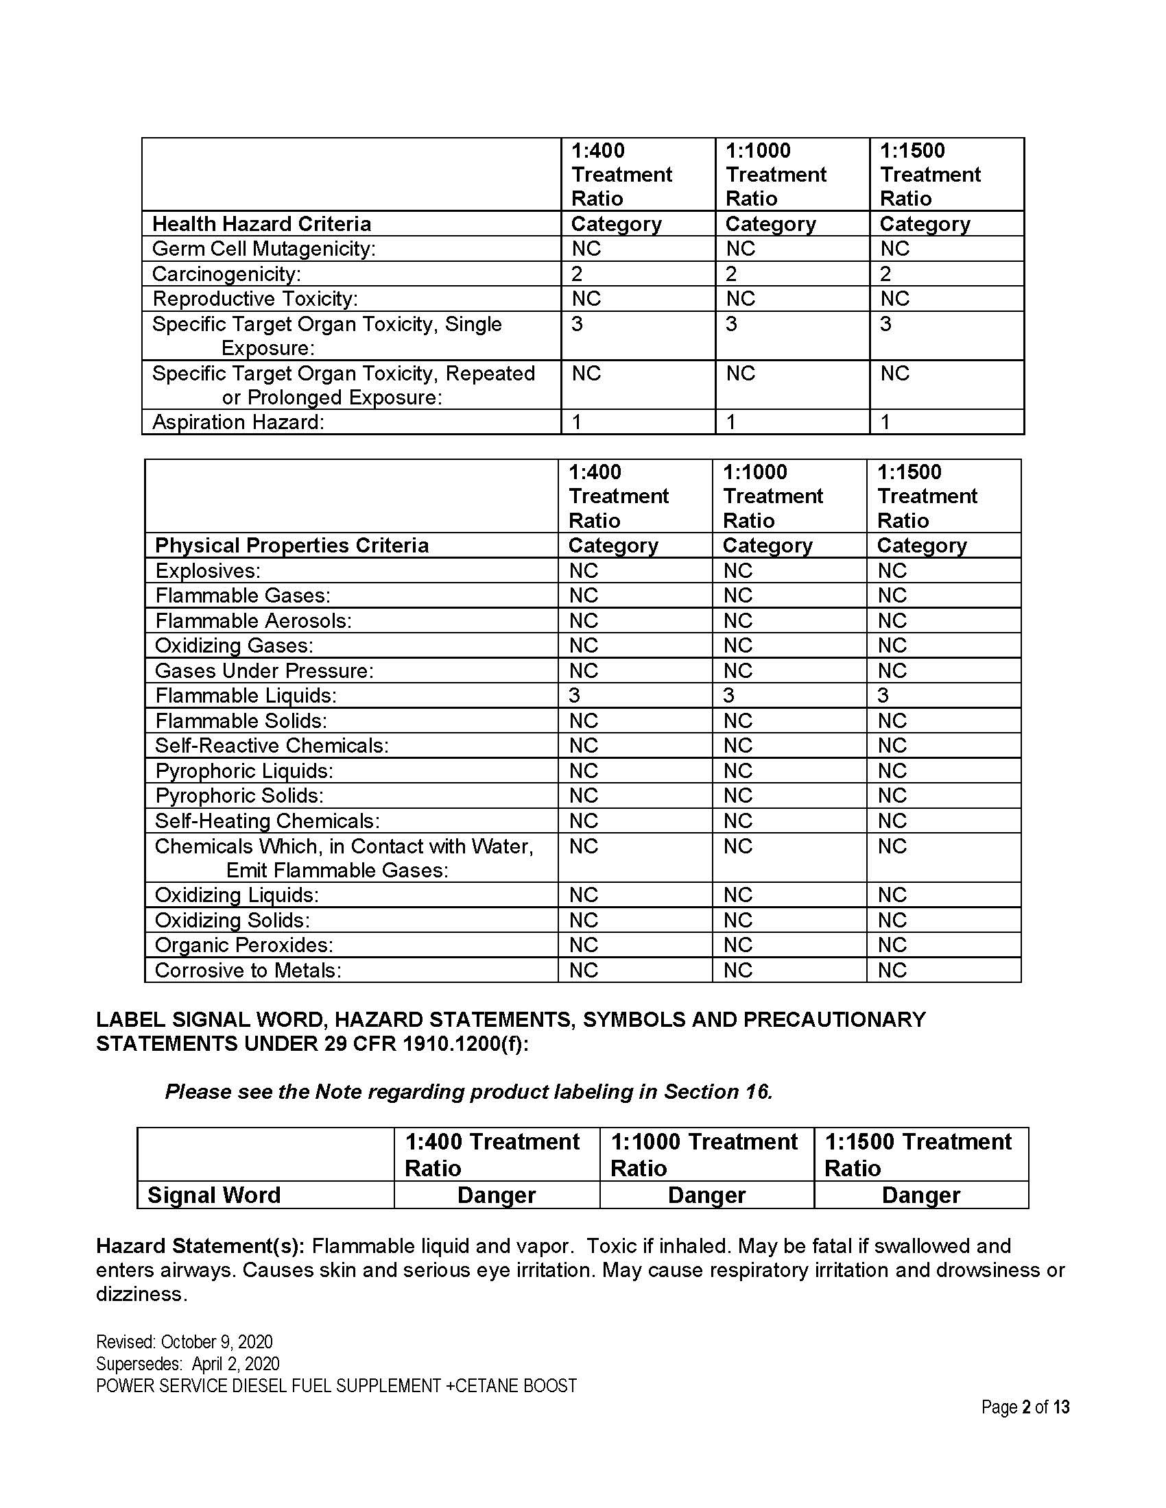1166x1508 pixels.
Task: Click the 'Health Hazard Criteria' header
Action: [261, 223]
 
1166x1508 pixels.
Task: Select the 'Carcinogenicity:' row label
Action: [226, 274]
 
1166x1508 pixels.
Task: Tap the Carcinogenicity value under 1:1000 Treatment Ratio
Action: [732, 274]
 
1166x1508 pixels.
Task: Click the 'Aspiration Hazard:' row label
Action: [237, 422]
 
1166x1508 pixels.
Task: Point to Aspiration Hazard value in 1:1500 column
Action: [885, 422]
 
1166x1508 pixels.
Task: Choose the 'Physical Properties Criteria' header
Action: [291, 546]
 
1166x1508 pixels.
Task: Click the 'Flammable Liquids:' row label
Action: [246, 695]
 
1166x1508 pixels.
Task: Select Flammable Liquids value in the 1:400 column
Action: [575, 695]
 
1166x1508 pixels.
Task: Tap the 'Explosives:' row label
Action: [207, 571]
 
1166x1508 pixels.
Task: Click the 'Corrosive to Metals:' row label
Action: [248, 970]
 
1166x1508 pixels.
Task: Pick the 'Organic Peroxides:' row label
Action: [244, 945]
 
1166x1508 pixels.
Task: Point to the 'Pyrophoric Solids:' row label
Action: [239, 795]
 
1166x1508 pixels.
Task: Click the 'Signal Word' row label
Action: [214, 1195]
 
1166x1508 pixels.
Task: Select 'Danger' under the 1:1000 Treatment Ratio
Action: [706, 1195]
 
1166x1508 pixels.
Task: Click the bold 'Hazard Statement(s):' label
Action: [200, 1246]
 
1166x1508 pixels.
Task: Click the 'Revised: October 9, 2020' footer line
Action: [185, 1341]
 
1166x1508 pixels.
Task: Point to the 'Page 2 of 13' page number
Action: [1025, 1407]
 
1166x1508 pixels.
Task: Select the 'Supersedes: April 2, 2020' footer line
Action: [188, 1363]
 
